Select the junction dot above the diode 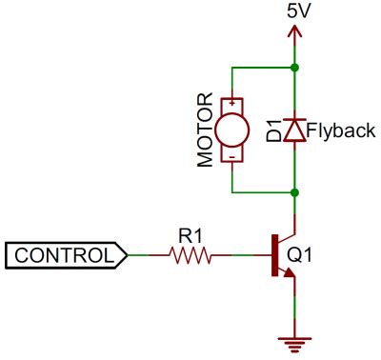297,68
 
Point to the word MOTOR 204,130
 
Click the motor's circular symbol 231,130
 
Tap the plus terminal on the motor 231,102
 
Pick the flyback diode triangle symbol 297,131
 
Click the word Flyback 342,130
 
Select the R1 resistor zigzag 189,254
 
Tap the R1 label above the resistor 189,233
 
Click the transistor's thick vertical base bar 274,254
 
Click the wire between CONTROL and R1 148,254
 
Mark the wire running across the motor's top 263,68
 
